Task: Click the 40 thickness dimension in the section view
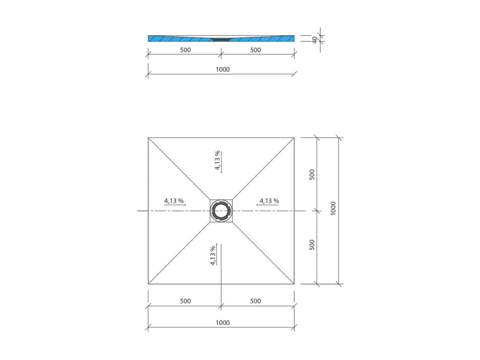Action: pyautogui.click(x=315, y=39)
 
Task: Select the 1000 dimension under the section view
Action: pyautogui.click(x=222, y=69)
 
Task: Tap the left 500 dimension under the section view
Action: pyautogui.click(x=185, y=50)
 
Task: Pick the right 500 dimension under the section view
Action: pyautogui.click(x=255, y=50)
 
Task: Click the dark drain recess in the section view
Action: pyautogui.click(x=221, y=39)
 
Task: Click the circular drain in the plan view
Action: pyautogui.click(x=221, y=211)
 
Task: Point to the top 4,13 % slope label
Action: pyautogui.click(x=217, y=160)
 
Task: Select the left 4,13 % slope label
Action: pyautogui.click(x=174, y=200)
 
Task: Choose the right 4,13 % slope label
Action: pyautogui.click(x=269, y=200)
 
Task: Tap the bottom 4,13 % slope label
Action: pyautogui.click(x=213, y=255)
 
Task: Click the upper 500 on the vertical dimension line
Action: pyautogui.click(x=312, y=174)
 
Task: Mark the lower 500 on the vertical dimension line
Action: pyautogui.click(x=312, y=245)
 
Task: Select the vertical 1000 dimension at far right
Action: pyautogui.click(x=333, y=208)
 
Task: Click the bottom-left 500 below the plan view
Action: pyautogui.click(x=185, y=301)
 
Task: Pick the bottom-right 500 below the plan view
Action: pyautogui.click(x=255, y=301)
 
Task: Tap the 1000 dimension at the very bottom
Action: pyautogui.click(x=222, y=323)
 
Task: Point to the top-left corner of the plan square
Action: pyautogui.click(x=148, y=138)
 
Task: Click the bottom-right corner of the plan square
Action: pyautogui.click(x=294, y=284)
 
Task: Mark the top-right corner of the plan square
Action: pyautogui.click(x=294, y=138)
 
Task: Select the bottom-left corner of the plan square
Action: pyautogui.click(x=148, y=284)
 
